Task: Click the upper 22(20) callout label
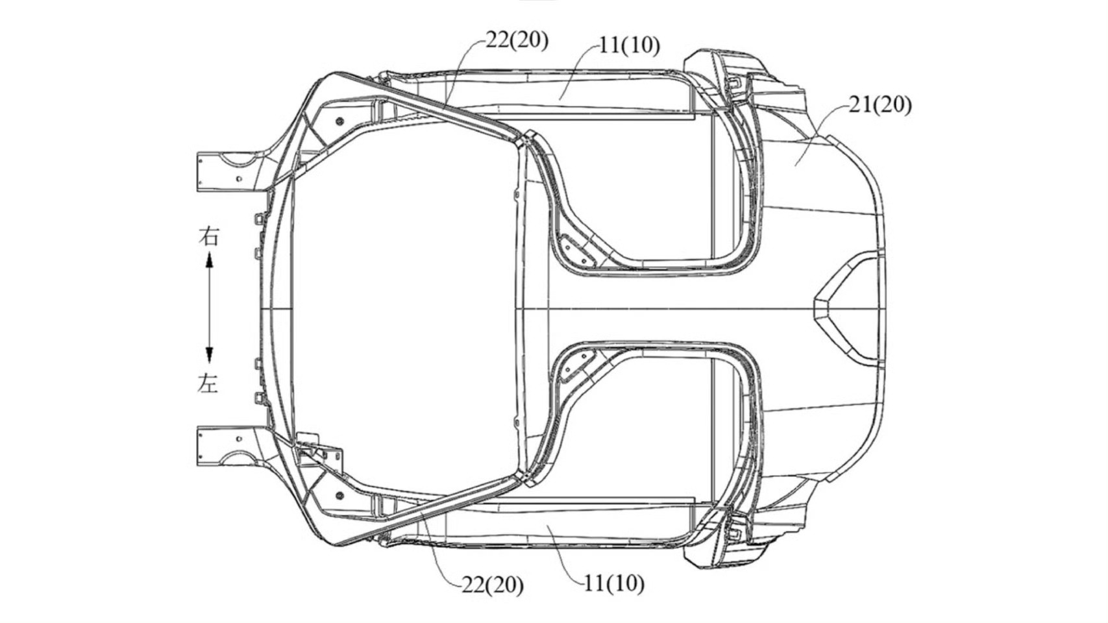coord(517,41)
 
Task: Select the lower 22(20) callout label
coord(492,585)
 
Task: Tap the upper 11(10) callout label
coord(629,46)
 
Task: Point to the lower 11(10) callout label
coord(614,584)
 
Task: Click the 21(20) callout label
coord(880,105)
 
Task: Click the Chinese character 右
coord(208,236)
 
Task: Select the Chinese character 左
coord(208,383)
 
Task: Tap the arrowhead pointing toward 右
coord(209,260)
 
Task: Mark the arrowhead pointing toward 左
coord(209,355)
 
